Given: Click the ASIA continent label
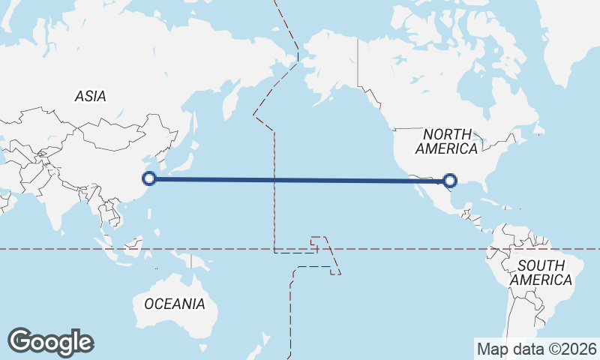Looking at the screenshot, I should click(90, 96).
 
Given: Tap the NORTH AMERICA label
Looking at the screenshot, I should click(446, 141).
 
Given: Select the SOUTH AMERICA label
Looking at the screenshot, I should click(541, 272).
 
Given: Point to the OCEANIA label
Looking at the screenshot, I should click(174, 304).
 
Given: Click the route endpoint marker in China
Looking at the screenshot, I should click(149, 178).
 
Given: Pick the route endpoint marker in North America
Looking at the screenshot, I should click(450, 180).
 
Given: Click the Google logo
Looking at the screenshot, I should click(50, 342).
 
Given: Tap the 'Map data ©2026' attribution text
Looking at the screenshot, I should click(536, 349).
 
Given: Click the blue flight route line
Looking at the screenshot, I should click(300, 179).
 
